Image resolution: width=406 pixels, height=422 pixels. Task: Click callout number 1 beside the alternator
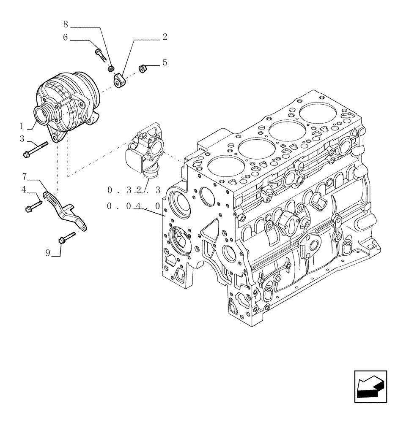pyautogui.click(x=22, y=126)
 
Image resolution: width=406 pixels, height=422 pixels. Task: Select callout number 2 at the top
pyautogui.click(x=165, y=37)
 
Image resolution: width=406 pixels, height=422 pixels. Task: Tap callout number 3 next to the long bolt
pyautogui.click(x=22, y=138)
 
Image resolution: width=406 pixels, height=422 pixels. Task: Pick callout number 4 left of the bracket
pyautogui.click(x=24, y=190)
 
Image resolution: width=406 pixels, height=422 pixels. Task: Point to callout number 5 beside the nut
pyautogui.click(x=165, y=62)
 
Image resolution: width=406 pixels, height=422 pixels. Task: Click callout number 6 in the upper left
pyautogui.click(x=66, y=37)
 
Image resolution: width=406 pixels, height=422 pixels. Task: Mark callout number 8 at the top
pyautogui.click(x=66, y=24)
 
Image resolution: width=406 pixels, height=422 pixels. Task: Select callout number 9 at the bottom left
pyautogui.click(x=48, y=253)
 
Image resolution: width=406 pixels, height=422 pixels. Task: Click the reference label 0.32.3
pyautogui.click(x=134, y=190)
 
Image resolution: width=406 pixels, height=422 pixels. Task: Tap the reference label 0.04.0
pyautogui.click(x=134, y=206)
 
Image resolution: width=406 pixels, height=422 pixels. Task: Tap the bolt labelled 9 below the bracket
pyautogui.click(x=67, y=238)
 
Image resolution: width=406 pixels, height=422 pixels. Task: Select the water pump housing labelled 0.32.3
pyautogui.click(x=144, y=152)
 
